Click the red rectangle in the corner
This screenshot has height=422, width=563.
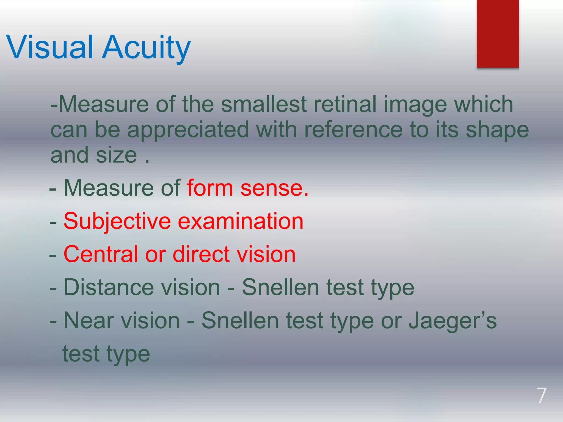498,34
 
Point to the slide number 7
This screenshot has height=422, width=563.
541,396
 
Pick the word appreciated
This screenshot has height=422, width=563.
188,130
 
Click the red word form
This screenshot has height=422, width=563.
210,188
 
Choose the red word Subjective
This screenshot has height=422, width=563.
117,221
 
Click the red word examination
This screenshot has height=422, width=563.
241,221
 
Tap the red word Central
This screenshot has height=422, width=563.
101,254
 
